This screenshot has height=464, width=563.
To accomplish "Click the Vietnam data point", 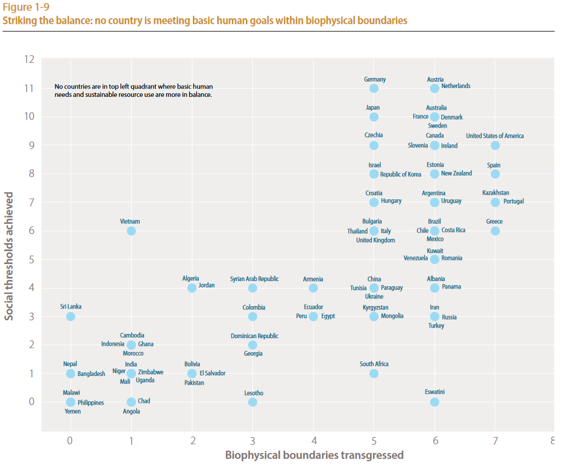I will [x=131, y=231].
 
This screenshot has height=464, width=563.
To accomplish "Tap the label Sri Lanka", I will [x=71, y=307].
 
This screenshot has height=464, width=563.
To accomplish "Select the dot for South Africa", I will [x=374, y=374].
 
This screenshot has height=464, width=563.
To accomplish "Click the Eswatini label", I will [x=435, y=392].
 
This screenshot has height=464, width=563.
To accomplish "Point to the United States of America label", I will [x=495, y=136].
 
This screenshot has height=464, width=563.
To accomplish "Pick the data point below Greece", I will [x=495, y=231].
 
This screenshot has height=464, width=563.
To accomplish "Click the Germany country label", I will [x=375, y=80].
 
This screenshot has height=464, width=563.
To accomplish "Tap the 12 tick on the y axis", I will [x=29, y=59].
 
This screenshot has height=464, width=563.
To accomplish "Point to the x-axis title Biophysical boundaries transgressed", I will [x=314, y=455].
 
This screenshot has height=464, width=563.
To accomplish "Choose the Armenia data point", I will [x=314, y=288].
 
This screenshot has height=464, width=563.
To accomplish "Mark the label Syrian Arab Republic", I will [x=254, y=279].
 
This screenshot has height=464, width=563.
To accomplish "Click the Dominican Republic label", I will [x=254, y=336].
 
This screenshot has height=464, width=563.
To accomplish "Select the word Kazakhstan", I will [x=495, y=193].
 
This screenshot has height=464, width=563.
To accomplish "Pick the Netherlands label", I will [x=456, y=86].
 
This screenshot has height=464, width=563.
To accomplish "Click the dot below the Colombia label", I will [x=252, y=317].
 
